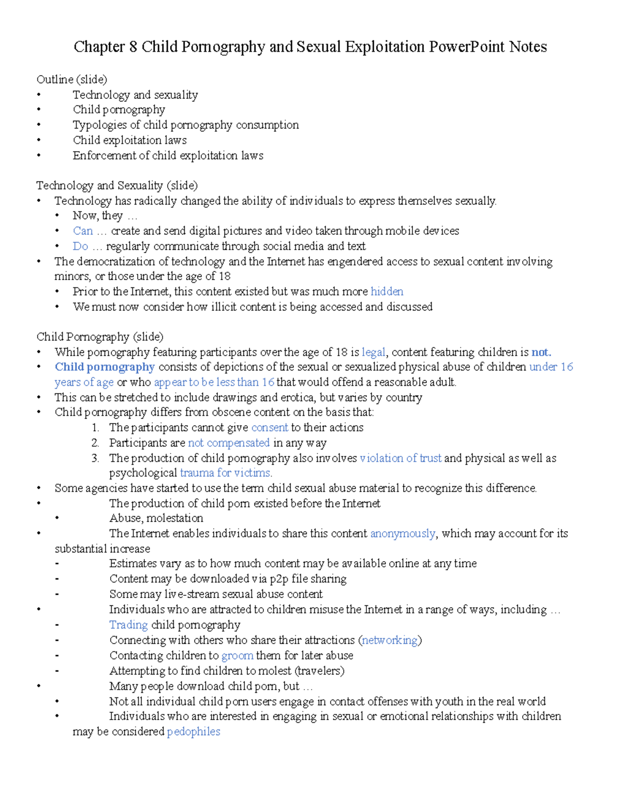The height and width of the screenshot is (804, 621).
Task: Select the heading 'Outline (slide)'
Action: pos(72,79)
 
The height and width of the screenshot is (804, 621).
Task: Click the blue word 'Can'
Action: pos(83,231)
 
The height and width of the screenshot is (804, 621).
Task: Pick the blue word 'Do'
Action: pos(80,246)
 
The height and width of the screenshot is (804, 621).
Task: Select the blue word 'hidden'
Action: pos(387,291)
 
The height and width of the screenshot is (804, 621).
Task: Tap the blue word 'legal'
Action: pos(373,353)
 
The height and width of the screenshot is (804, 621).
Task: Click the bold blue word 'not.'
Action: pos(541,353)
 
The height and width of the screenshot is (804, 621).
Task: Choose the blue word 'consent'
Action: pos(269,428)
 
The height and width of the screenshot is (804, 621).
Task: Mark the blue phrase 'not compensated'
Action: pos(228,443)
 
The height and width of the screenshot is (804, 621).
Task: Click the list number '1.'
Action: pos(95,428)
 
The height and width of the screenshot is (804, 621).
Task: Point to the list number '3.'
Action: pos(95,458)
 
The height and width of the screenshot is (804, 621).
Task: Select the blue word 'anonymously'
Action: pos(403,534)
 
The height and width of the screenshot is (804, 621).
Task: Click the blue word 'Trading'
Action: pos(128,625)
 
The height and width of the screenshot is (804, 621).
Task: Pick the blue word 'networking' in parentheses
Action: pos(389,640)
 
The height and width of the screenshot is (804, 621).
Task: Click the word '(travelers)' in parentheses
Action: pos(319,671)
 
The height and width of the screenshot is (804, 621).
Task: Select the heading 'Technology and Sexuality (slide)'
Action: pos(117,185)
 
